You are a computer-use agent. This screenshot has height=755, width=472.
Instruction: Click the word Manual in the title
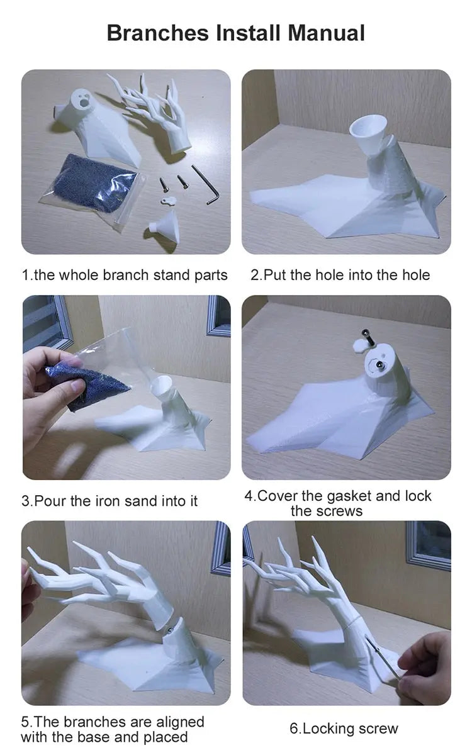pyautogui.click(x=326, y=33)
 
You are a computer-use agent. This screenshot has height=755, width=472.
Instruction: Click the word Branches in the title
pyautogui.click(x=158, y=33)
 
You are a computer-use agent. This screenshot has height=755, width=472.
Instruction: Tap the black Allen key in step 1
pyautogui.click(x=206, y=185)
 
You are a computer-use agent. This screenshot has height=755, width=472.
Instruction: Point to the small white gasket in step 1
pyautogui.click(x=168, y=201)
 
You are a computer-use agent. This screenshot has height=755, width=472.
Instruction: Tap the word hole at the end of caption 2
pyautogui.click(x=416, y=275)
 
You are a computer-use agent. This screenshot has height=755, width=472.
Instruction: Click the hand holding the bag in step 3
pyautogui.click(x=50, y=391)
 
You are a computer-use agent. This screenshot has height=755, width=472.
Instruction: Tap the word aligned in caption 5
pyautogui.click(x=181, y=722)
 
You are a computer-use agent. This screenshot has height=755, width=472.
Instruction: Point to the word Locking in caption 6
pyautogui.click(x=327, y=729)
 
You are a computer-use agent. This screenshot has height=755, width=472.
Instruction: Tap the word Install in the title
pyautogui.click(x=248, y=33)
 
